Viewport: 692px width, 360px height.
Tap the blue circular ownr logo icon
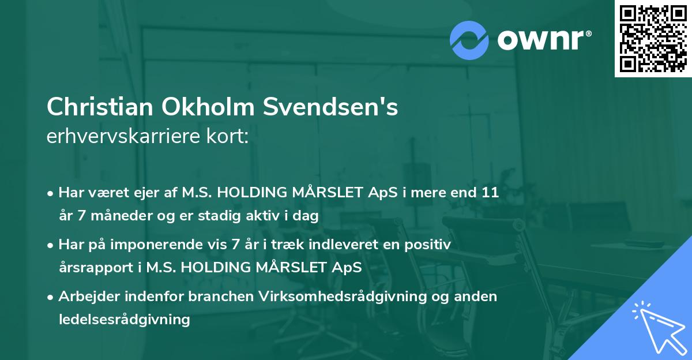tap(469, 40)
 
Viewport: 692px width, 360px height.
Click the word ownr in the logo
tap(544, 40)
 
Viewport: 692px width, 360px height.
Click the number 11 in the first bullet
tap(490, 193)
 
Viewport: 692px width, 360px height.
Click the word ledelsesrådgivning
tap(124, 319)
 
